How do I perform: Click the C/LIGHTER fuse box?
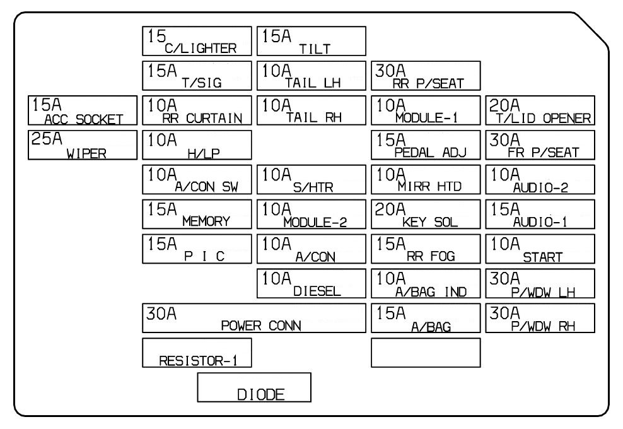[x=197, y=41]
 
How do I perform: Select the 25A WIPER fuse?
[x=83, y=145]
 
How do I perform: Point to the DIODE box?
[x=254, y=387]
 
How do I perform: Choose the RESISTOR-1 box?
[x=197, y=352]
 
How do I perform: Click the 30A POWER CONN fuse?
[x=254, y=318]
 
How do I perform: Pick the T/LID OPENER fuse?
[x=541, y=111]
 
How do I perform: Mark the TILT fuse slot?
[x=311, y=41]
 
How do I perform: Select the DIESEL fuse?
[x=311, y=283]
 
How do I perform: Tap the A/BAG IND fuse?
[x=426, y=283]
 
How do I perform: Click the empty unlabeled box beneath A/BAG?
[x=426, y=352]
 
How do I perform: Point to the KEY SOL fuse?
[x=426, y=214]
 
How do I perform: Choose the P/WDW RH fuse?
[x=541, y=318]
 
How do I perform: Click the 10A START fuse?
[x=541, y=249]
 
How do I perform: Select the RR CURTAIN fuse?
[x=197, y=111]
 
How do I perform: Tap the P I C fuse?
[x=197, y=249]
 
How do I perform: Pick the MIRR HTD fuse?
[x=426, y=180]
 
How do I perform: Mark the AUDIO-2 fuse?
[x=541, y=180]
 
